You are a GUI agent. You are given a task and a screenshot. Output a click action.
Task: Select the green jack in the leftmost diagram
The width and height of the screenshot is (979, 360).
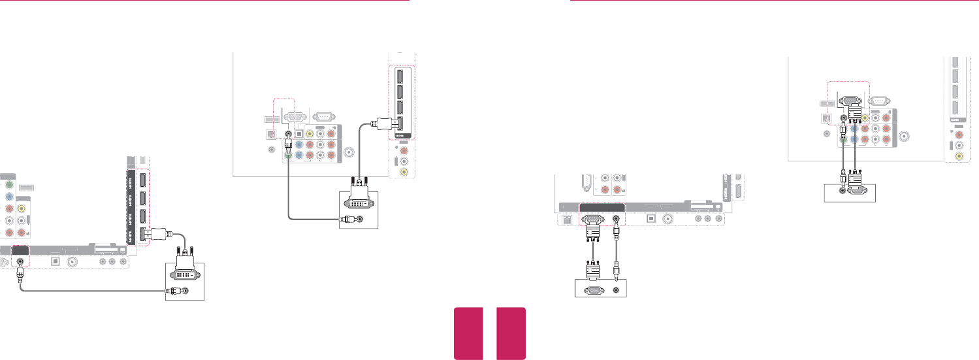(x=9, y=185)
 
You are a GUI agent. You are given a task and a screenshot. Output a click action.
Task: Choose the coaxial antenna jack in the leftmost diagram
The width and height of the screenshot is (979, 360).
(x=72, y=261)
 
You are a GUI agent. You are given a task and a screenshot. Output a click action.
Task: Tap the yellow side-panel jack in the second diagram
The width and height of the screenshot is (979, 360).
(x=405, y=172)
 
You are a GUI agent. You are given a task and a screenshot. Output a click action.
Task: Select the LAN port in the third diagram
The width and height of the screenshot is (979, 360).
(x=566, y=220)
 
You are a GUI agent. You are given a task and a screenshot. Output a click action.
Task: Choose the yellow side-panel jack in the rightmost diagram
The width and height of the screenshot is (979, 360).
(x=958, y=157)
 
